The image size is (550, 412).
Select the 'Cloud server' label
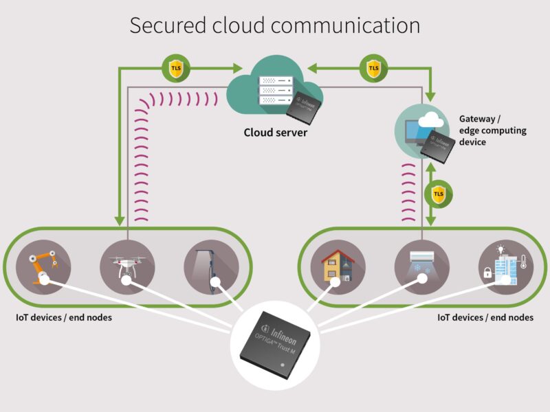(x=275, y=132)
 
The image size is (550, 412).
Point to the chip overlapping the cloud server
(x=308, y=103)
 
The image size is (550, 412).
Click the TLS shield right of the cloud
(x=373, y=68)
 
